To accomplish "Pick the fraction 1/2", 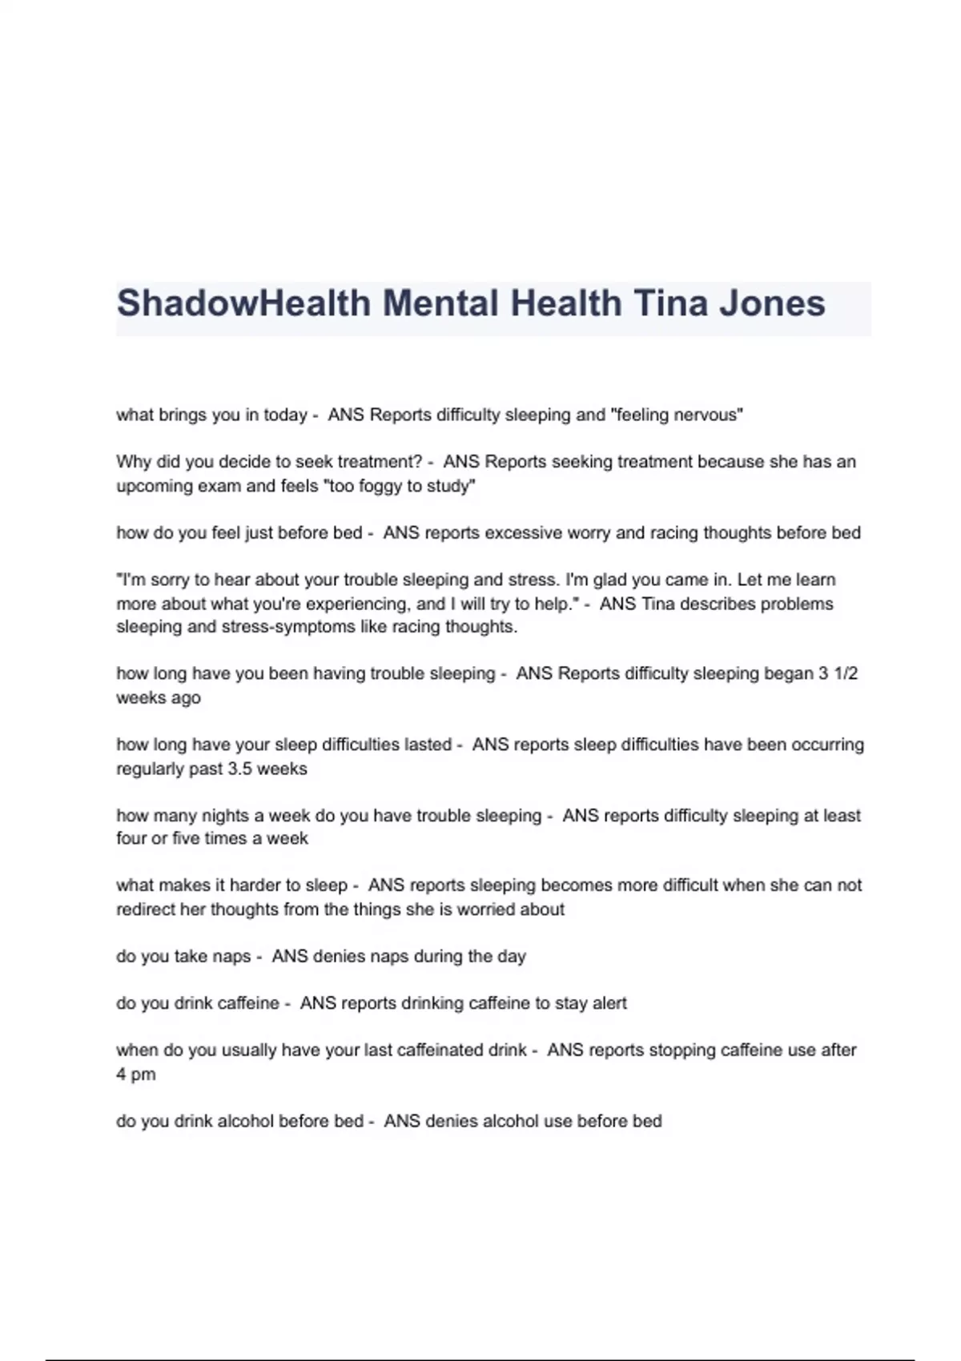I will click(x=846, y=674).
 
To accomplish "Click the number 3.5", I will click(x=245, y=769).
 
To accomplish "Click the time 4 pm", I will click(x=135, y=1074).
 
